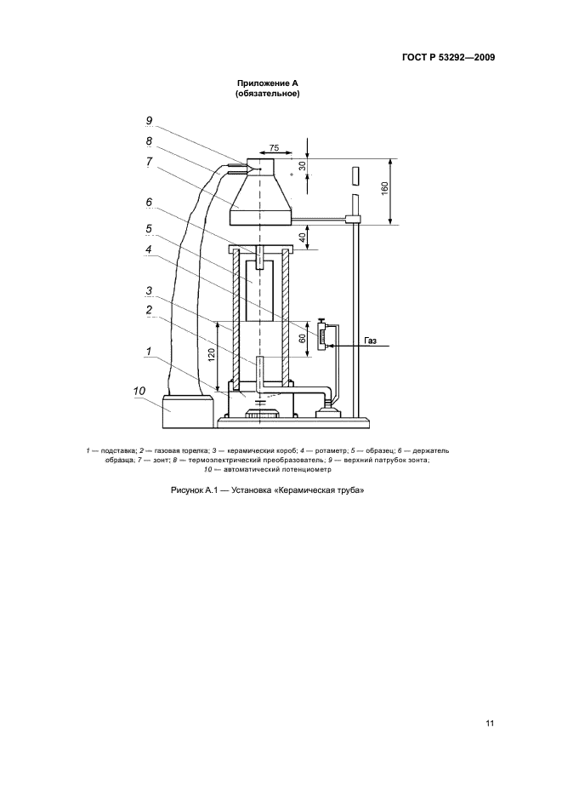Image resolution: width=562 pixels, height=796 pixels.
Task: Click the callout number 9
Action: point(149,121)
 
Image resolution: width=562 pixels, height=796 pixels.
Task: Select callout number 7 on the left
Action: point(149,162)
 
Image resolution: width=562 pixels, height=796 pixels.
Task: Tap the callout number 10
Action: point(139,391)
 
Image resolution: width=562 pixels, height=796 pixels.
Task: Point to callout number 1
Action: point(149,351)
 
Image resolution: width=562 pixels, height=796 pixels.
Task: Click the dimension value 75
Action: point(274,148)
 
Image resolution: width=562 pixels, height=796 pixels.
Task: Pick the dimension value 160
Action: point(384,188)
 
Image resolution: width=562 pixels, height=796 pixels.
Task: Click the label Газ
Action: point(370,341)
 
